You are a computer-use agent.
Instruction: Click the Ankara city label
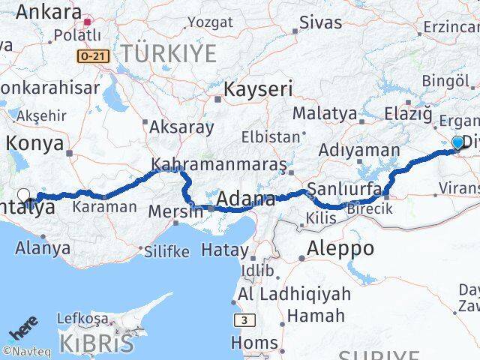click(x=48, y=12)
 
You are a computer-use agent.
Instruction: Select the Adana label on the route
click(x=245, y=199)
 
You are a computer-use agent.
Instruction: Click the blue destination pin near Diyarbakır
click(x=457, y=142)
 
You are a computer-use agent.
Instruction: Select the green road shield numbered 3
click(x=244, y=319)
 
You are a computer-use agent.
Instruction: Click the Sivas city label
click(x=320, y=22)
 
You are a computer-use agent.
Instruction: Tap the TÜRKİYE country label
click(x=169, y=53)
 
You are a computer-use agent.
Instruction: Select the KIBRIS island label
click(x=88, y=343)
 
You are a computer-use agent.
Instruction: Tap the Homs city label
click(x=258, y=343)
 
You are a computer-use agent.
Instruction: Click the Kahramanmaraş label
click(x=218, y=163)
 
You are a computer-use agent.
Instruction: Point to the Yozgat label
click(x=210, y=22)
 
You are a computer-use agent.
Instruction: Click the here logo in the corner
click(x=22, y=331)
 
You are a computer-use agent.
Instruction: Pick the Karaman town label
click(x=104, y=206)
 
